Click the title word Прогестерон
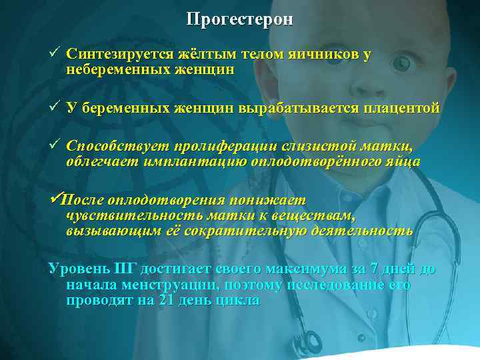tap(239, 19)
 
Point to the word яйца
tap(405, 160)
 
